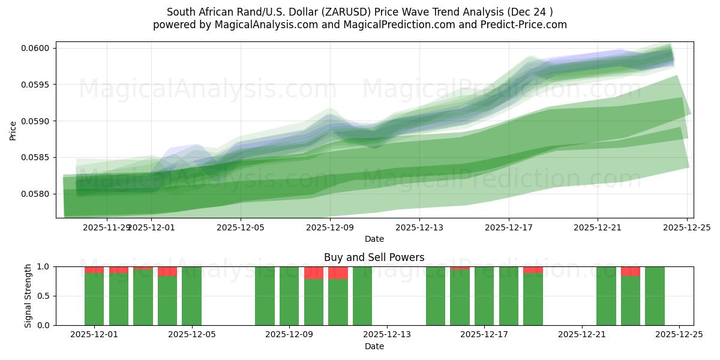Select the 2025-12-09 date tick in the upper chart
coord(330,227)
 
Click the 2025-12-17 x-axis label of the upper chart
coord(509,227)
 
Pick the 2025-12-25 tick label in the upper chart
coord(687,227)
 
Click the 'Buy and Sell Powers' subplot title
coord(374,257)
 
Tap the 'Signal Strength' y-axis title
coord(28,296)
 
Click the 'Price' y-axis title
coord(13,130)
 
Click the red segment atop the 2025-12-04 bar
coord(167,271)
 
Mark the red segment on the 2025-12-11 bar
coord(338,272)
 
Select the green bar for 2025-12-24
coord(655,296)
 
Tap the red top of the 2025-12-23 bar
coord(630,271)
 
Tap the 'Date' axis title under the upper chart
coord(374,239)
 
